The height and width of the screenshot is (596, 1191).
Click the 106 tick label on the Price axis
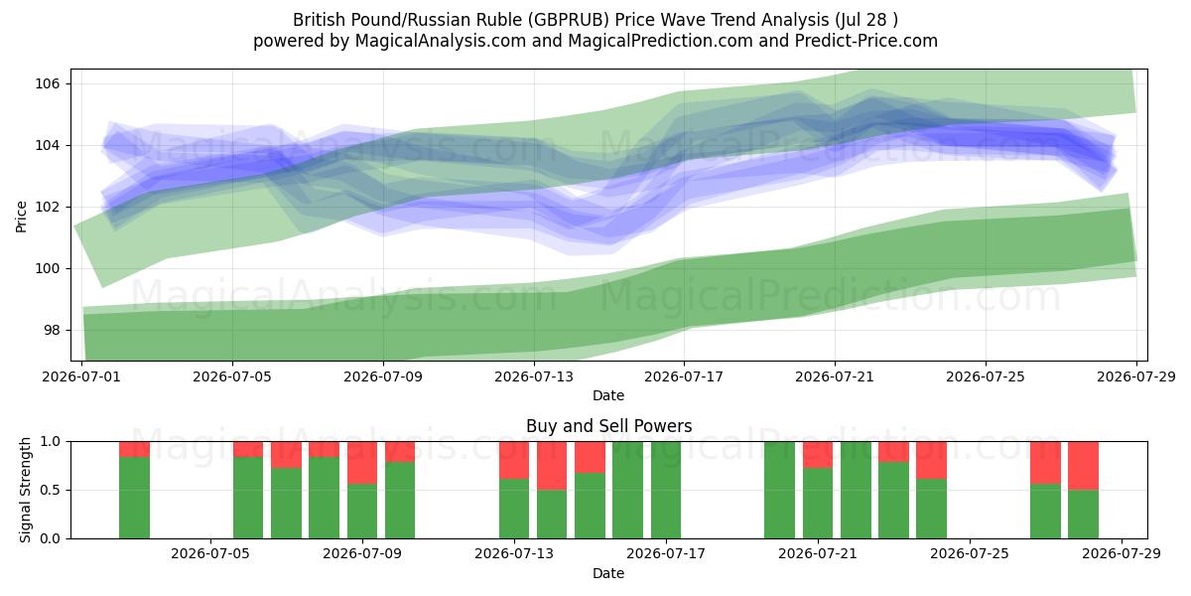(x=47, y=83)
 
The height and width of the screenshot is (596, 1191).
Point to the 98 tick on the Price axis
(x=51, y=330)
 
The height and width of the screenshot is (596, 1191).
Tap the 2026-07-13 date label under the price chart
(x=534, y=376)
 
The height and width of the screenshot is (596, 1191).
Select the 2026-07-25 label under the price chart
(x=986, y=376)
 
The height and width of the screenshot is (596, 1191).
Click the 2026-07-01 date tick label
(x=81, y=376)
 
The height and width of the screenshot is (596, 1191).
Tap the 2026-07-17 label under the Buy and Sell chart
(x=666, y=553)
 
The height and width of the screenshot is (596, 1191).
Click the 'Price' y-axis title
(x=21, y=217)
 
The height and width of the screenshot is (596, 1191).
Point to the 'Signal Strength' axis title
(x=25, y=490)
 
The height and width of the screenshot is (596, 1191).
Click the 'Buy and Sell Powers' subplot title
(x=608, y=426)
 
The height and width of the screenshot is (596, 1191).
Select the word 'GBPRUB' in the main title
(x=570, y=20)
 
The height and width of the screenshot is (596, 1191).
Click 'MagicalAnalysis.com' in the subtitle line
(x=441, y=41)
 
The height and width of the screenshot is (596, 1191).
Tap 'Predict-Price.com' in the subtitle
(x=866, y=41)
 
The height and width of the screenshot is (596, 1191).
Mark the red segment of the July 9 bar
(x=362, y=463)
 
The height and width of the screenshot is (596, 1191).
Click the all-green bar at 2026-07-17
(x=666, y=490)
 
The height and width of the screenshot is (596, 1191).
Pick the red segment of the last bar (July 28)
(x=1083, y=466)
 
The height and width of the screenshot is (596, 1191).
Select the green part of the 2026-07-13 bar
(x=514, y=509)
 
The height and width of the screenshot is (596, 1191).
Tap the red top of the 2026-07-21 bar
(x=818, y=455)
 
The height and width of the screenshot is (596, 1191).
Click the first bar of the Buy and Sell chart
(x=134, y=490)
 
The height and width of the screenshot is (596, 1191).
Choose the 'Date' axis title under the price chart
(x=608, y=395)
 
